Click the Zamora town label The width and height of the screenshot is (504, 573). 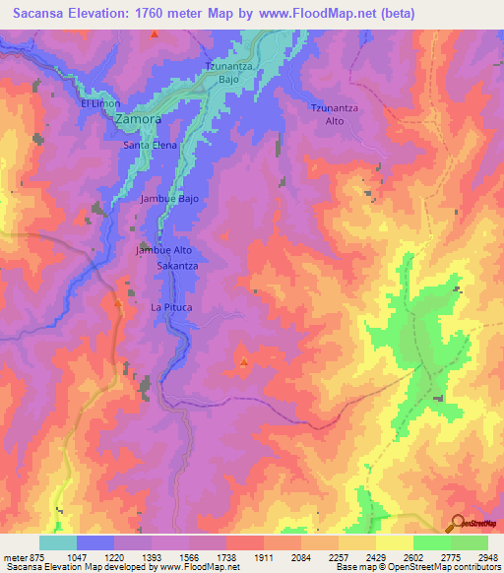(x=138, y=119)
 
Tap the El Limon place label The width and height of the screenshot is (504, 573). (x=98, y=103)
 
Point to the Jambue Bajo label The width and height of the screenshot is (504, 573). (x=169, y=198)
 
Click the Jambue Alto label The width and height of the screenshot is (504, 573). (x=163, y=251)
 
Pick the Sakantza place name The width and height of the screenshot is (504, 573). (x=178, y=266)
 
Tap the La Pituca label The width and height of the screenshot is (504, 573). (x=170, y=308)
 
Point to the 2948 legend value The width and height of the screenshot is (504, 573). (x=487, y=557)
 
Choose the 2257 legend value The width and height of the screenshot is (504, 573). (x=339, y=557)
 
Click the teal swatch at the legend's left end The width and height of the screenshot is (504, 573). (x=58, y=542)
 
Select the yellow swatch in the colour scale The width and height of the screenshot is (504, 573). (x=394, y=542)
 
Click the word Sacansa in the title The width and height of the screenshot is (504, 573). (x=42, y=14)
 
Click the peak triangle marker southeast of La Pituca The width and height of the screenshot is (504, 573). (x=243, y=361)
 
